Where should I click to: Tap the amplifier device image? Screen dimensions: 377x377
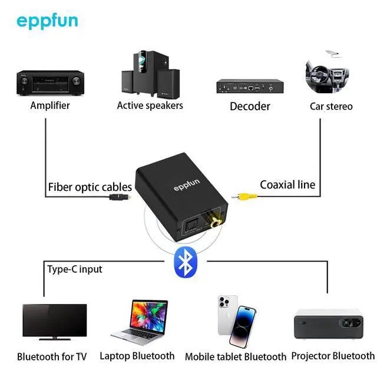(x=50, y=83)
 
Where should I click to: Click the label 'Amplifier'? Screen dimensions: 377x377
(x=50, y=105)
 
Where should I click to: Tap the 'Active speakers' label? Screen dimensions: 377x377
(x=150, y=105)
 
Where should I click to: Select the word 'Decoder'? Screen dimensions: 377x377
(x=250, y=106)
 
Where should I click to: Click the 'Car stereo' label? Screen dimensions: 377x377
(x=331, y=106)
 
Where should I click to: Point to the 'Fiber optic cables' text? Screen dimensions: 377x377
(x=90, y=187)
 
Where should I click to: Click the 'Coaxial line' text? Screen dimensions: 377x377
(x=287, y=184)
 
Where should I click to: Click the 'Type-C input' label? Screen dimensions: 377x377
(x=74, y=269)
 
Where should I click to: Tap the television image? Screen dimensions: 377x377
(x=54, y=322)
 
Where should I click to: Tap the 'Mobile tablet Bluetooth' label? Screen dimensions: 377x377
(x=235, y=357)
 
